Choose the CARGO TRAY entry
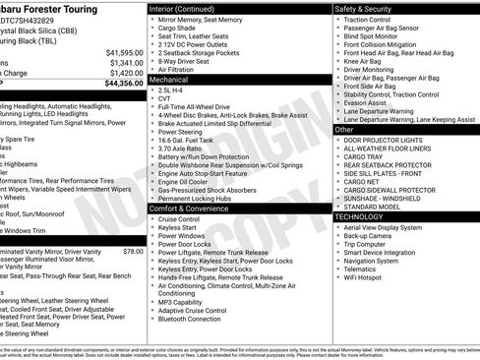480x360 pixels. pyautogui.click(x=364, y=155)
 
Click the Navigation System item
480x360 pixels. pyautogui.click(x=379, y=261)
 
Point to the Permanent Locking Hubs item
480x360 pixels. pyautogui.click(x=195, y=198)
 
